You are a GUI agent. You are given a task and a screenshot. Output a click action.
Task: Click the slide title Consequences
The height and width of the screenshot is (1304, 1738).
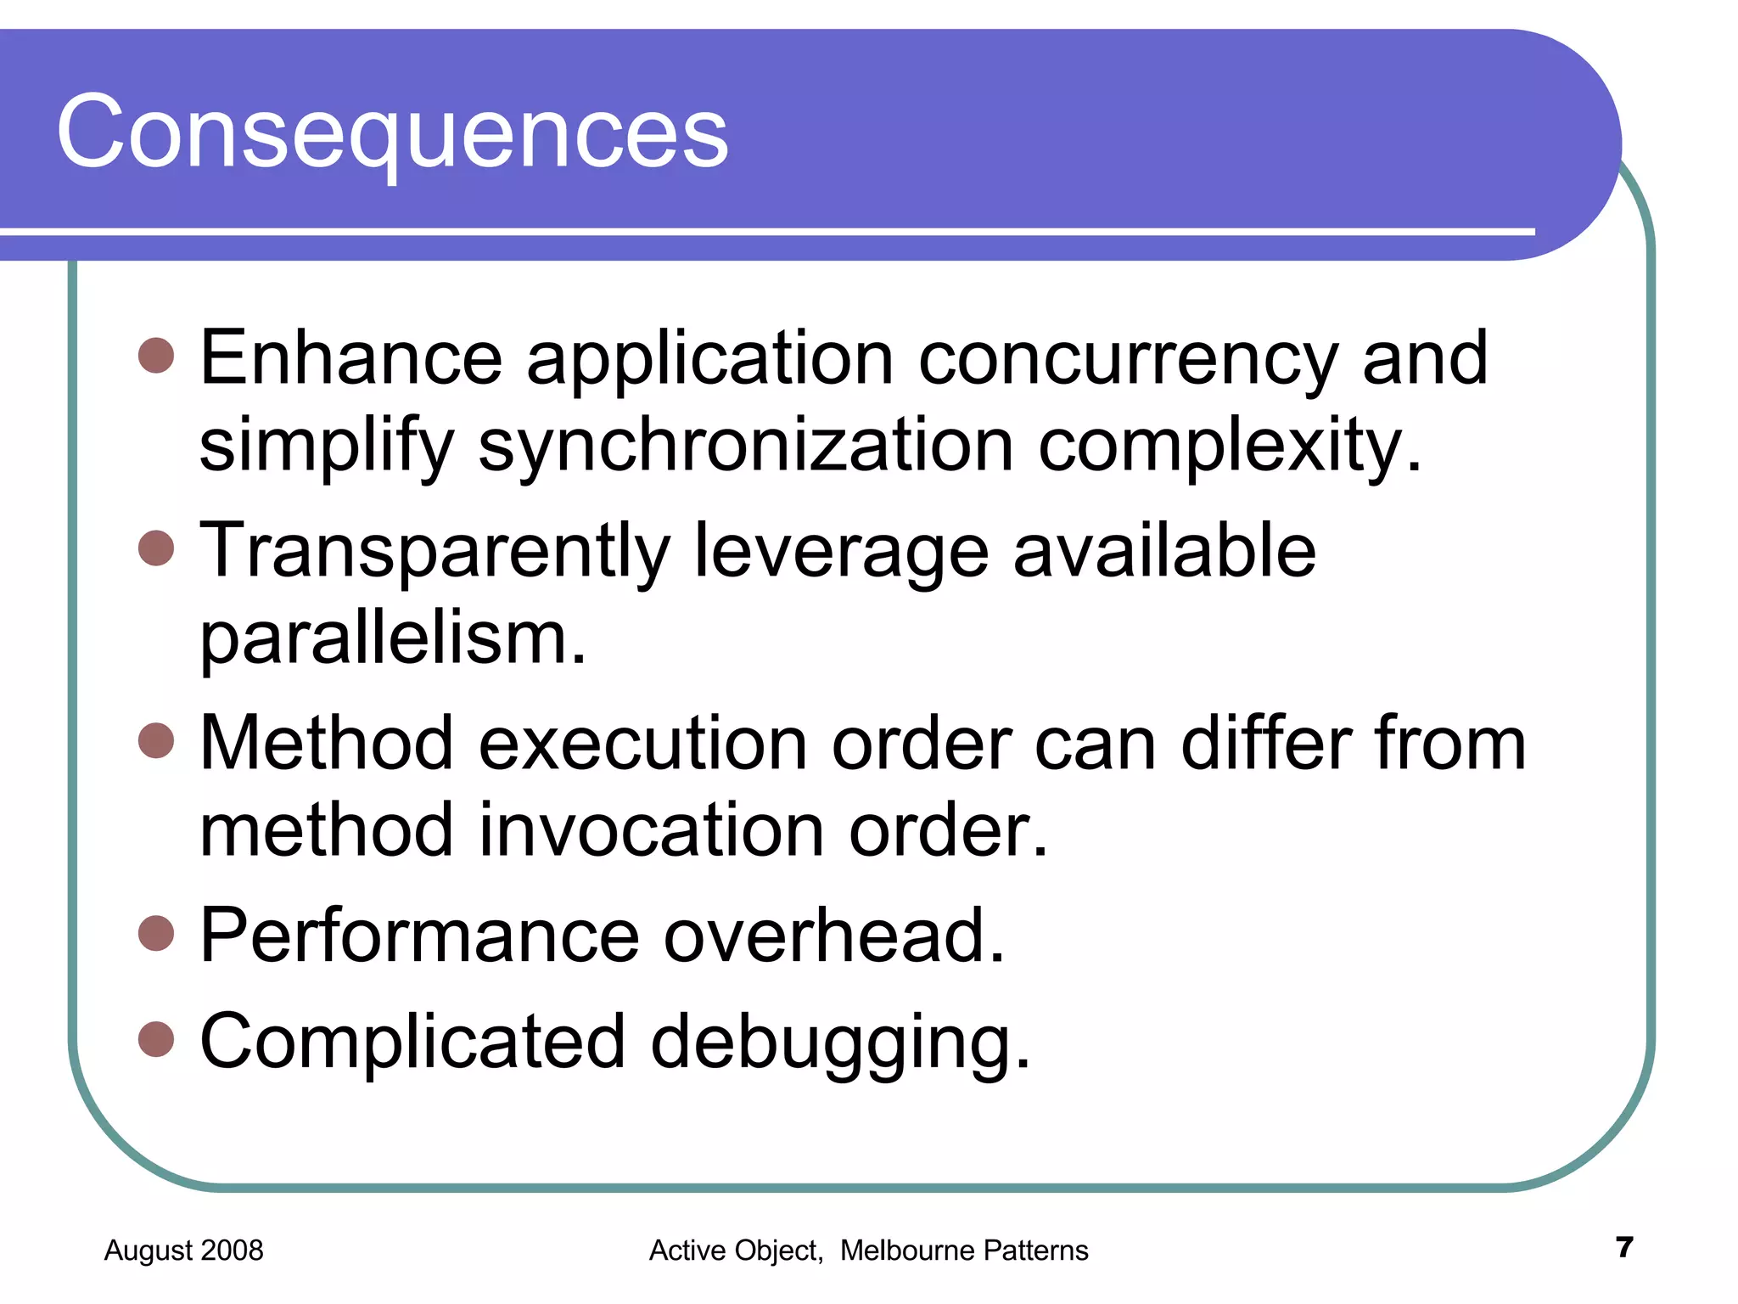click(x=392, y=132)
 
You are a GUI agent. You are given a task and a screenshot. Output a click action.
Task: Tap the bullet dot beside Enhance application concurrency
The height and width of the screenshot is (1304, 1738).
click(x=156, y=357)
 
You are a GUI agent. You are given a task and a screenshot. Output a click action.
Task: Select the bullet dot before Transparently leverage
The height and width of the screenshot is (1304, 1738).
click(x=156, y=548)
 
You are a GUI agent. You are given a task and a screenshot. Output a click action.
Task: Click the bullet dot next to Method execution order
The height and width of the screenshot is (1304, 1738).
click(x=156, y=740)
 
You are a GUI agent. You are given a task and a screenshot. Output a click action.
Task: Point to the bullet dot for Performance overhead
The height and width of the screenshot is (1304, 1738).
click(x=156, y=934)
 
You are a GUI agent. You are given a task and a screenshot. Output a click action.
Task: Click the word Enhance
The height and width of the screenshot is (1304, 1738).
click(x=351, y=358)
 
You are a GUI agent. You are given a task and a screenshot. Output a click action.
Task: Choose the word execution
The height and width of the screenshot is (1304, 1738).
click(x=643, y=744)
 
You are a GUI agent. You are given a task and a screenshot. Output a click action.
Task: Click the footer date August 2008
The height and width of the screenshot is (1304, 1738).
click(x=183, y=1251)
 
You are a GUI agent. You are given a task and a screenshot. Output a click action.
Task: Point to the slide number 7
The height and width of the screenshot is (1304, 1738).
click(x=1624, y=1247)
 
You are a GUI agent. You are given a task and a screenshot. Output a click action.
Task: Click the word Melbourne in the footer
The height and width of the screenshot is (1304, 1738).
click(x=907, y=1251)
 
